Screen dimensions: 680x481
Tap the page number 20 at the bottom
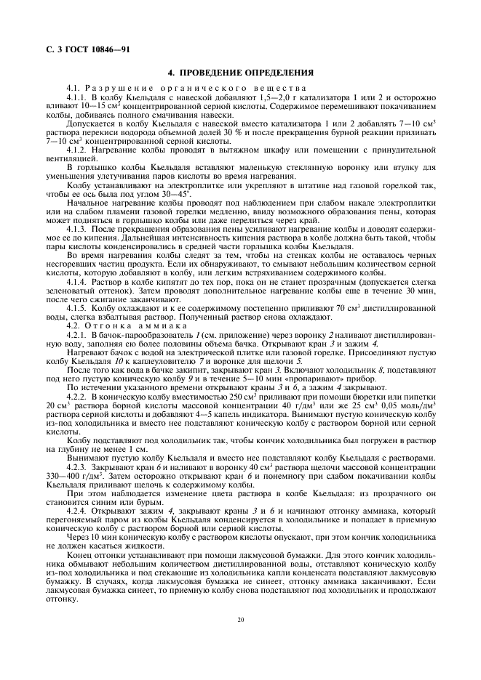[x=240, y=620]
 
